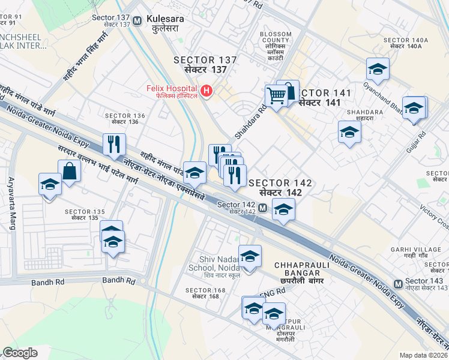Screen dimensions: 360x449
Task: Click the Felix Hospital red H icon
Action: (x=206, y=91)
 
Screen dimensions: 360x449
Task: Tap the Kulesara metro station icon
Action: (x=137, y=20)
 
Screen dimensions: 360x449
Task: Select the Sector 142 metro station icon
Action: (x=263, y=208)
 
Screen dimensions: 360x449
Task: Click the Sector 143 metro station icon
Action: (x=397, y=283)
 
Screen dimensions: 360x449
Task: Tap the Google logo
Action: (x=19, y=353)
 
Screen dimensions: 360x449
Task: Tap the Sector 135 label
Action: (x=85, y=214)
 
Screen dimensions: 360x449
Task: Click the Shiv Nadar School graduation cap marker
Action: (x=250, y=256)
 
